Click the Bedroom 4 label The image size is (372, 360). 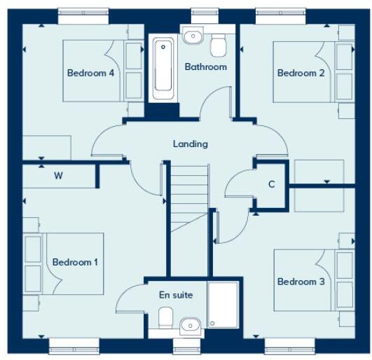pos(90,73)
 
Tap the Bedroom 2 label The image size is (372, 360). pos(301,73)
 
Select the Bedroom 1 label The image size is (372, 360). pos(75,262)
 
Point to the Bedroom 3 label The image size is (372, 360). pos(301,282)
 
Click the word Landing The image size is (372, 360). pos(191,144)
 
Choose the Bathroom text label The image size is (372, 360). pos(205,67)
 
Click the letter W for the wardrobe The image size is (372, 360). pos(59,176)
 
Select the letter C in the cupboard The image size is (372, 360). pos(270,185)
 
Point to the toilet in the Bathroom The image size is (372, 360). pos(219,44)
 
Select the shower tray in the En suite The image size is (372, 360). pos(223,306)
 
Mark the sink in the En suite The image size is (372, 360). pos(190,324)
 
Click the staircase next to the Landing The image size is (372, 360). pos(189,197)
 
